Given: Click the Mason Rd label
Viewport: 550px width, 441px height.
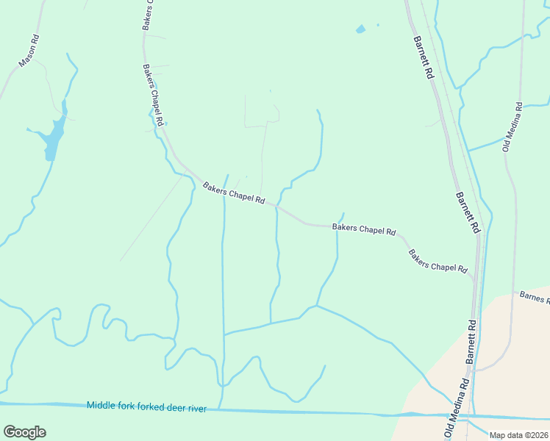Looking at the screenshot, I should coord(28,51).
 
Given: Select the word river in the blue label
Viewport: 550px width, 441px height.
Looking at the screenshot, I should coord(196,407).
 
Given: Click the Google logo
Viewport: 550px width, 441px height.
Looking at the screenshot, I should coord(24,432).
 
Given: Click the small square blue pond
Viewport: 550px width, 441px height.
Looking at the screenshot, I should coord(360,29).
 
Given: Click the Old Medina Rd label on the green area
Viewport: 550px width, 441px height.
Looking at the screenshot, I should coord(512,126).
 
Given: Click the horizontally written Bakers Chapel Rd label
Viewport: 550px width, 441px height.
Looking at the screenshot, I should coord(364,229).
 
